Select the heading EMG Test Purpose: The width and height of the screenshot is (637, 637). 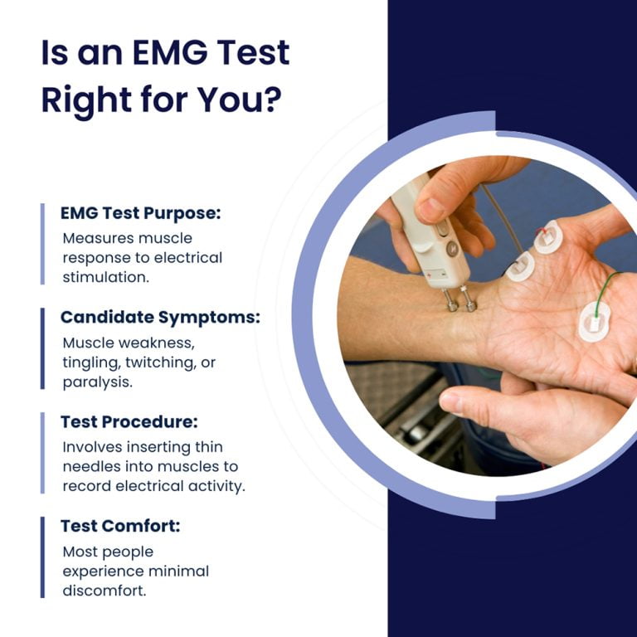click(141, 213)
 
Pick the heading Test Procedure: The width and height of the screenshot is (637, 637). click(129, 421)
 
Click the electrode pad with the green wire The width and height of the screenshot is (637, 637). click(594, 320)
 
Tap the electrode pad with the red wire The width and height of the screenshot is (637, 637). click(548, 240)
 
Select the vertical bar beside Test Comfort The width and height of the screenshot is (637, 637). click(42, 557)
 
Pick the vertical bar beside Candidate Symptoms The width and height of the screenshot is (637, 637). click(42, 348)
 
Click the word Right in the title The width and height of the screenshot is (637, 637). click(86, 100)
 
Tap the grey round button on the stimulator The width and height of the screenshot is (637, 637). click(452, 248)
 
